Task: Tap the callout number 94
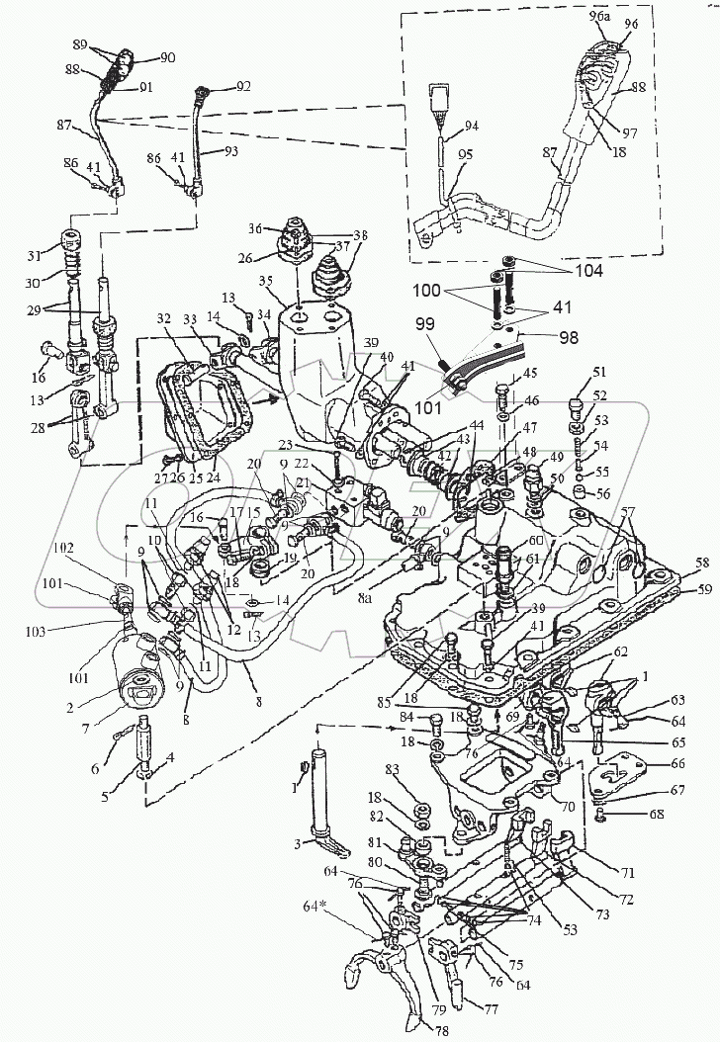click(470, 126)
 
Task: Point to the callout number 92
click(243, 87)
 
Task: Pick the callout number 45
click(529, 373)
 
